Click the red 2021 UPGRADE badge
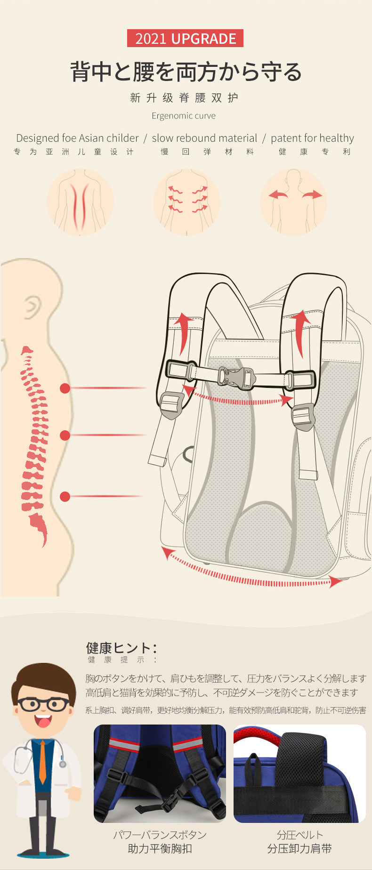pos(185,38)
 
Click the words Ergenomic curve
pos(184,116)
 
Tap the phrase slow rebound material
pos(204,138)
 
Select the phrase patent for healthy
pos(312,138)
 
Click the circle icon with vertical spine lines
pos(80,202)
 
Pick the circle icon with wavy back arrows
pos(187,202)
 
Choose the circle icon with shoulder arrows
pos(294,202)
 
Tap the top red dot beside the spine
pos(65,388)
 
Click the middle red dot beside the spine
pos(65,435)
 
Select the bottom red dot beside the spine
pos(65,496)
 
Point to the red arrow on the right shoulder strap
pos(299,332)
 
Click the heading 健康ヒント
pos(121,648)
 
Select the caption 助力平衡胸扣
pos(160,848)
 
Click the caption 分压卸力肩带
pos(299,848)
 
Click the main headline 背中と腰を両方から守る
pos(186,72)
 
